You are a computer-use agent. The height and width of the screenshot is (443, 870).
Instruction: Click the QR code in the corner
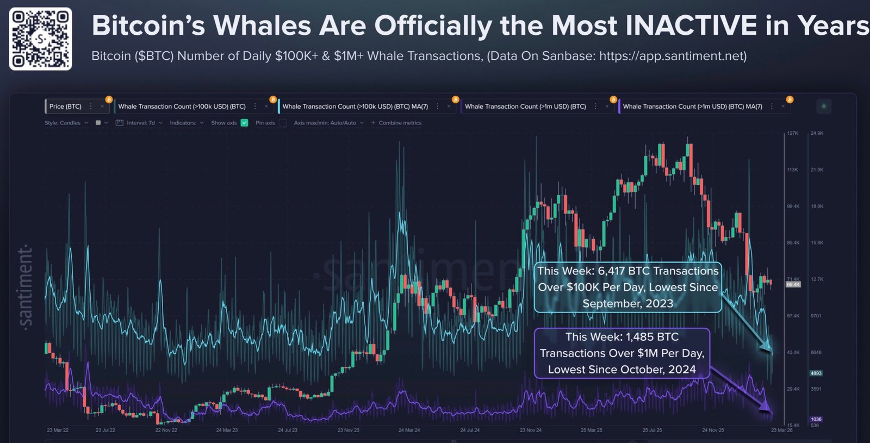[x=40, y=39]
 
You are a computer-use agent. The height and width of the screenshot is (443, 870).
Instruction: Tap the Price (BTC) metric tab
[x=65, y=107]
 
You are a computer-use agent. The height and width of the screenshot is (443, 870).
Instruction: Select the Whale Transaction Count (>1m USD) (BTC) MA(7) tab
[x=692, y=107]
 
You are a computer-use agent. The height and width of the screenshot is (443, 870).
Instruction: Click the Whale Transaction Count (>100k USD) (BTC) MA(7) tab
[x=355, y=107]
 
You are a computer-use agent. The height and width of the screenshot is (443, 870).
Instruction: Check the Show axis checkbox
[x=245, y=123]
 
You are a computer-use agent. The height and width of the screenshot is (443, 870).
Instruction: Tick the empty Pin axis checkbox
[x=283, y=123]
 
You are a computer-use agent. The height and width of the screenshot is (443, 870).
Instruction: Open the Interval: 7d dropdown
[x=140, y=123]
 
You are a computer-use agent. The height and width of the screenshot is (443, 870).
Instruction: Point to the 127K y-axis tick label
[x=792, y=133]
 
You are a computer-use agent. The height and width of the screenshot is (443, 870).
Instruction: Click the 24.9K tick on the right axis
[x=817, y=133]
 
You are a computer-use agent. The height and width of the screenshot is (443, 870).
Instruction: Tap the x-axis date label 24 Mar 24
[x=409, y=430]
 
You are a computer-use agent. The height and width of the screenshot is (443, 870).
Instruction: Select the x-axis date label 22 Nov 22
[x=166, y=430]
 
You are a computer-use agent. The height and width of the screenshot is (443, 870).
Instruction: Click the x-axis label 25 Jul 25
[x=652, y=430]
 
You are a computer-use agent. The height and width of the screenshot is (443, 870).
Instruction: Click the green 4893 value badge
[x=816, y=373]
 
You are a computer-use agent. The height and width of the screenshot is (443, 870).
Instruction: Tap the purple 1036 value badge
[x=816, y=419]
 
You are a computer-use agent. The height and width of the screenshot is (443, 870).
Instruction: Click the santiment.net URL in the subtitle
[x=673, y=56]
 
